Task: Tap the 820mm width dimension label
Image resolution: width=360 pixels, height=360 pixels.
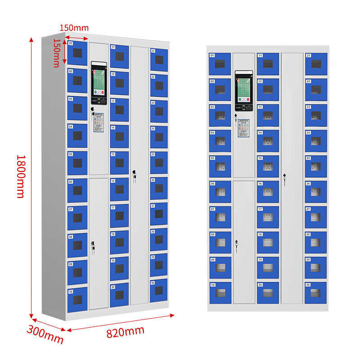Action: [x=126, y=332]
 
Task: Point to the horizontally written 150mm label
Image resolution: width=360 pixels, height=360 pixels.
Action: [x=74, y=28]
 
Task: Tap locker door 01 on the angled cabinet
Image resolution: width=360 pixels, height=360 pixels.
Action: [x=77, y=53]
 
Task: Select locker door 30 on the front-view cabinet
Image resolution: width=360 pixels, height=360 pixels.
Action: [x=316, y=293]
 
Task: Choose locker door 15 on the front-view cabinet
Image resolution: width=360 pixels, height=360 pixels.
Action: [x=268, y=166]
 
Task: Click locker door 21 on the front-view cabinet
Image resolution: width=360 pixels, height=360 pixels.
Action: [x=316, y=64]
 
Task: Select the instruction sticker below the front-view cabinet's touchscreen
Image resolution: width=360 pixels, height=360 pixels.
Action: [x=243, y=127]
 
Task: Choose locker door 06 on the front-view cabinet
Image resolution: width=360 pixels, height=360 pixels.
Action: [x=220, y=192]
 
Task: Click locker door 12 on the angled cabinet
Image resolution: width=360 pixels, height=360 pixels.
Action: [x=119, y=81]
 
